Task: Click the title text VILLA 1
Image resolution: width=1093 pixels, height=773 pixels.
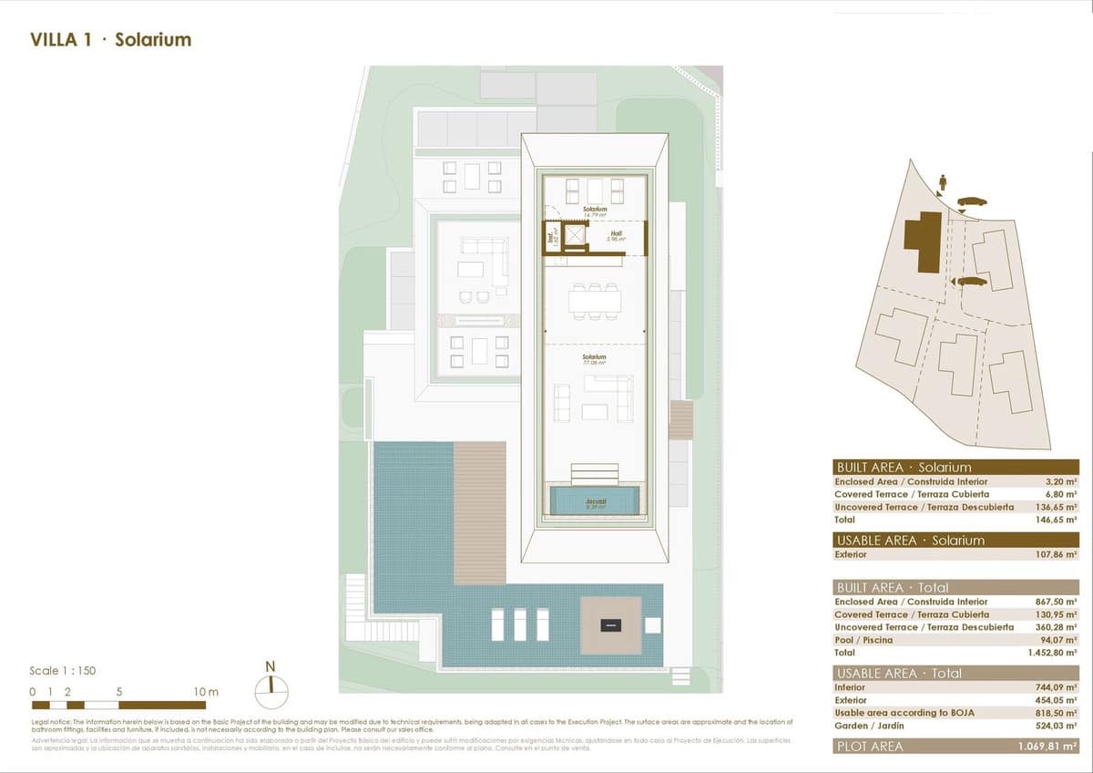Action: tap(60, 40)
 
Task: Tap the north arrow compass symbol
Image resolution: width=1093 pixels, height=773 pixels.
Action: tap(271, 691)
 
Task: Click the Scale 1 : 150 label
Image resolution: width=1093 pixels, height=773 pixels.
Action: tap(62, 671)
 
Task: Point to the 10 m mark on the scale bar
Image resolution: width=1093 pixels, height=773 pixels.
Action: tap(206, 692)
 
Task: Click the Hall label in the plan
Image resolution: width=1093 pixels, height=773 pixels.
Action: tap(616, 233)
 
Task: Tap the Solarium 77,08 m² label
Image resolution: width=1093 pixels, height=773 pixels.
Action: tap(595, 359)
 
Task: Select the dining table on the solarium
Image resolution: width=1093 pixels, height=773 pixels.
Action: tap(595, 300)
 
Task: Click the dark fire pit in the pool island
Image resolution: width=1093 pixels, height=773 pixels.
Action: tap(610, 625)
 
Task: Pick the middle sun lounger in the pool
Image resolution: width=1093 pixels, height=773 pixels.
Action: tap(520, 624)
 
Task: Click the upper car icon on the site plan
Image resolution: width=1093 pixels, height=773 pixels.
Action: tap(971, 202)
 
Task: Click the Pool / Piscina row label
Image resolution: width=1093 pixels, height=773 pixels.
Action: tap(864, 640)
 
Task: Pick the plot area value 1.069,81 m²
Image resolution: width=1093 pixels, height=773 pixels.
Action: tap(1047, 747)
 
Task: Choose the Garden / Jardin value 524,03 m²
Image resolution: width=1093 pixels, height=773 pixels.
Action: tap(1057, 726)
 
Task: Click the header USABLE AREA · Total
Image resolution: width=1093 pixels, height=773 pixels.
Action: tap(898, 674)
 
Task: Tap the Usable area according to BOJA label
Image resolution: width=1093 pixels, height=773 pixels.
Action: tap(899, 713)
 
